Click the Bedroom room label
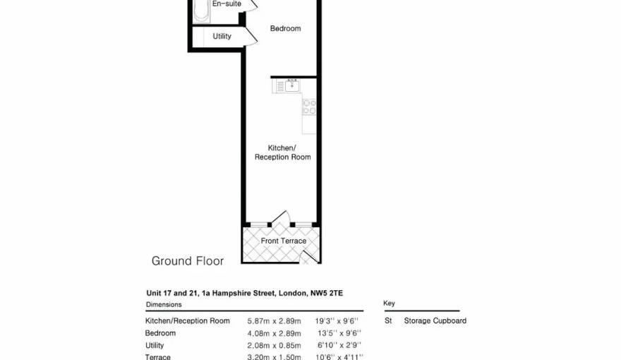click(285, 28)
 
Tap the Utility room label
click(222, 36)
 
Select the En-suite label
click(227, 4)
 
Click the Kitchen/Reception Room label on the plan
click(282, 152)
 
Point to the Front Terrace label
click(284, 241)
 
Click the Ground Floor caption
click(188, 261)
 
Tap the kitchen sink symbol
click(289, 85)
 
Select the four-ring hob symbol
click(309, 107)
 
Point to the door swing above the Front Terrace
click(281, 217)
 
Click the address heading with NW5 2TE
click(244, 293)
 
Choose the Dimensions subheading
click(164, 305)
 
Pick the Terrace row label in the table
click(158, 357)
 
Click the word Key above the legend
click(389, 304)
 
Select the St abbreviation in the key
click(388, 320)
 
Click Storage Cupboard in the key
click(435, 320)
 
